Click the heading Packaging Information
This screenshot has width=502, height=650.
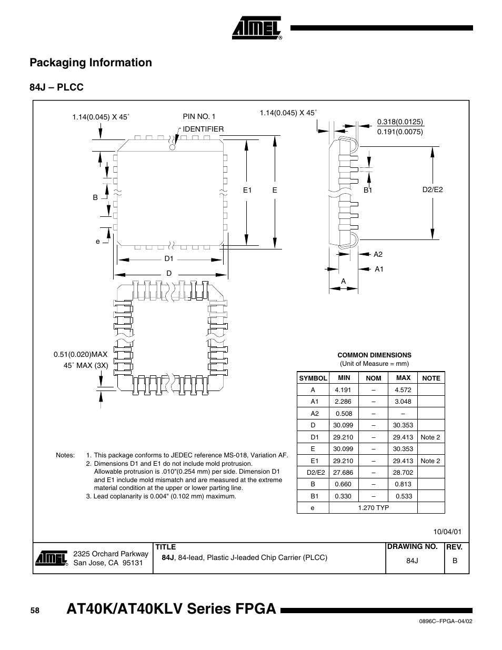tap(91, 63)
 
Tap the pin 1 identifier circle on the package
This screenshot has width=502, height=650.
tap(172, 147)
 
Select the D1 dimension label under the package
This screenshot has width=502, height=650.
tap(168, 258)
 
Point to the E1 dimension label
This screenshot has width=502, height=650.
tap(247, 191)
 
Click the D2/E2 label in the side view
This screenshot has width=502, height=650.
tap(433, 189)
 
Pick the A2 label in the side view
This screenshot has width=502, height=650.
tap(378, 254)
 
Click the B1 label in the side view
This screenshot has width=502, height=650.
tap(367, 191)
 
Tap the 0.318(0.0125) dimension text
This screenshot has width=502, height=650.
tap(400, 122)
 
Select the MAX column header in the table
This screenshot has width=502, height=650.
tap(403, 378)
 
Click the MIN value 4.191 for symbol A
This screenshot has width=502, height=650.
tap(343, 390)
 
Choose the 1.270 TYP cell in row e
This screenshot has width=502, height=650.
tap(373, 508)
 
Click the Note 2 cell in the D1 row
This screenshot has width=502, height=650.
tap(430, 437)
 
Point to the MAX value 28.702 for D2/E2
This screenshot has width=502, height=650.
tap(403, 473)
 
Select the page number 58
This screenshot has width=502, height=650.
tap(35, 611)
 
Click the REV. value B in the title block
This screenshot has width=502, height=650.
tap(455, 561)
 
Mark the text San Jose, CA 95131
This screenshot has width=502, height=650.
tap(108, 563)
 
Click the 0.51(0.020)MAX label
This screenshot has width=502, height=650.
tap(81, 355)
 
